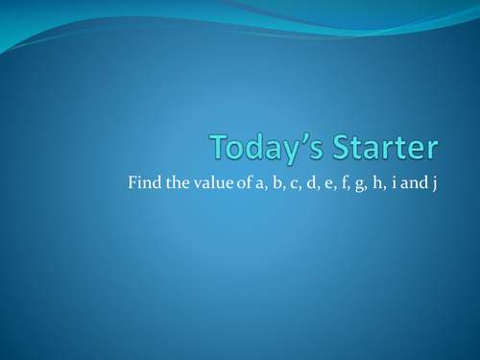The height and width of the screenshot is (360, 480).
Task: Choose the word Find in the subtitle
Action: tap(141, 182)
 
